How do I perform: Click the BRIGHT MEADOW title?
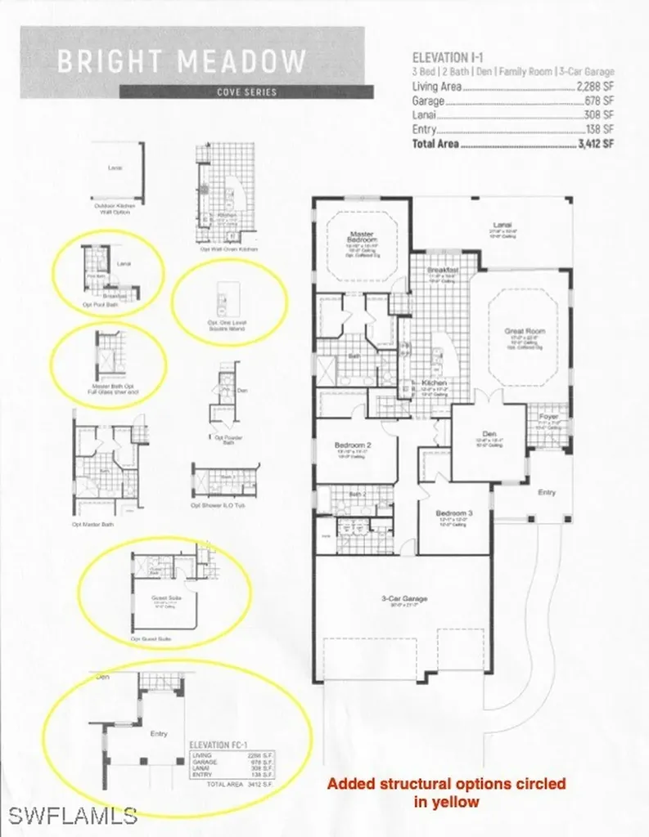click(x=182, y=61)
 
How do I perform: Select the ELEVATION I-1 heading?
click(x=456, y=58)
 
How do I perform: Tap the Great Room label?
click(x=524, y=331)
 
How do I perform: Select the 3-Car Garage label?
click(x=405, y=598)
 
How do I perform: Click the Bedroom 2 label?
click(x=354, y=445)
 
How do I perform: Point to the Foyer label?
click(x=548, y=416)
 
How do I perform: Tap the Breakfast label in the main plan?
click(x=441, y=270)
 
